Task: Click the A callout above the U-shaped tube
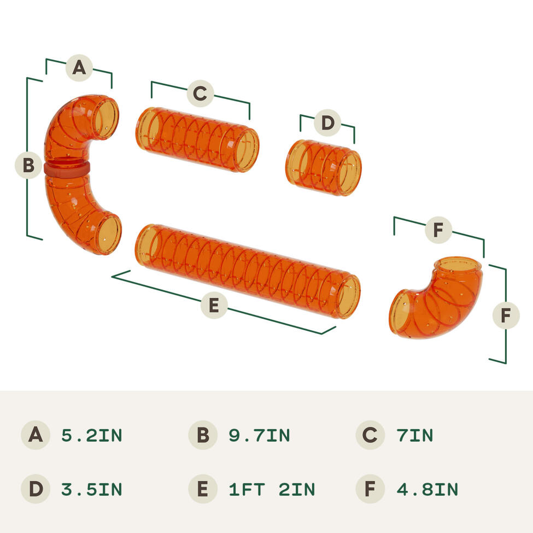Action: tap(79, 68)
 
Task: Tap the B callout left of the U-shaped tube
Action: tap(28, 165)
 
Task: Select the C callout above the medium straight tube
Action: tap(200, 93)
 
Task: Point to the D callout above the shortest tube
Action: tap(327, 122)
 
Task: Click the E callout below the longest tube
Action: tap(214, 305)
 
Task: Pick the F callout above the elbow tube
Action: tap(438, 230)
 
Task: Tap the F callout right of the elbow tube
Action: tap(506, 315)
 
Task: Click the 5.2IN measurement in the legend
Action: tap(92, 436)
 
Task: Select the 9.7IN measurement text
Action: tap(259, 436)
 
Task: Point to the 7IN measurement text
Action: tap(415, 436)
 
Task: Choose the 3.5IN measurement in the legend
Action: tap(92, 489)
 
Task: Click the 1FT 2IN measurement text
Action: tap(272, 489)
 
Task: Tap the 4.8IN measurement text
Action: tap(427, 489)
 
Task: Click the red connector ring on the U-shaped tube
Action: tap(67, 168)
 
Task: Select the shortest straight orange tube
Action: tap(323, 168)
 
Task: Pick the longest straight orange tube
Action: tap(248, 271)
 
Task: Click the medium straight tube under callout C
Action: tap(197, 139)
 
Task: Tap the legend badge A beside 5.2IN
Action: tap(36, 435)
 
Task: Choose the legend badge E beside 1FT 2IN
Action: tap(203, 489)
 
